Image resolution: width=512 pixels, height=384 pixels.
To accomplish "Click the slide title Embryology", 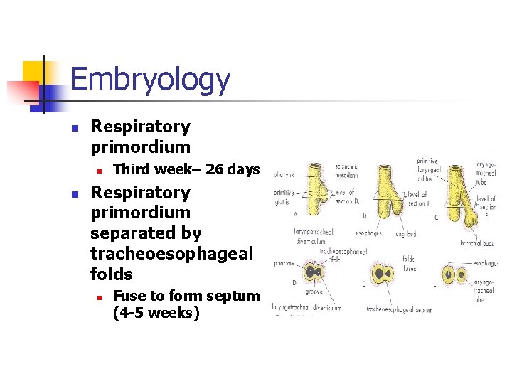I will [150, 80].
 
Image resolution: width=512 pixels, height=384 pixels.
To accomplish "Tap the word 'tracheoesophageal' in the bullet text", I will [171, 254].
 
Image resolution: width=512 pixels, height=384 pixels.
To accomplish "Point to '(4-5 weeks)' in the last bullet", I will [156, 313].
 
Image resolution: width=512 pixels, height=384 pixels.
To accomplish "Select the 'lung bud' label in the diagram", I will [406, 234].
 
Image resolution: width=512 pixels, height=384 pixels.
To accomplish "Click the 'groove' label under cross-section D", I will [313, 292].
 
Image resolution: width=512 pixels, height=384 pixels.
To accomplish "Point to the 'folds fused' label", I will [409, 264].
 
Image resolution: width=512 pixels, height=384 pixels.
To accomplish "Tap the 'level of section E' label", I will [416, 199].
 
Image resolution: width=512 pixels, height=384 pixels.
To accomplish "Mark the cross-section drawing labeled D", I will [314, 272].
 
